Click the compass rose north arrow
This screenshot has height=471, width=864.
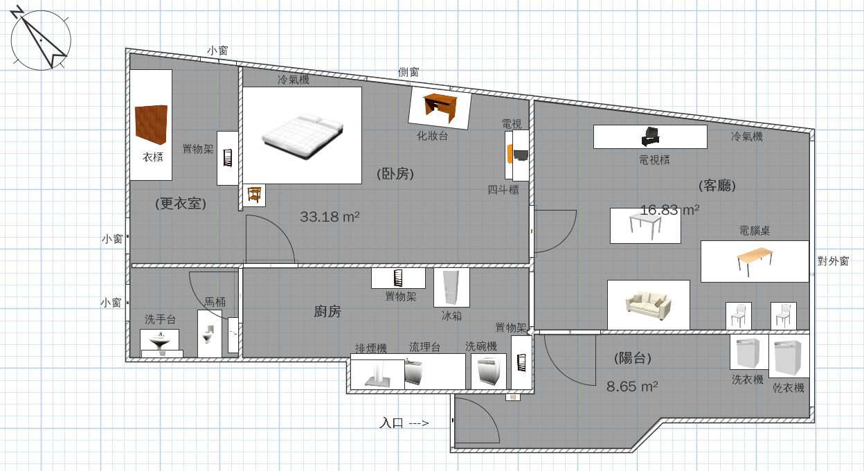(40, 39)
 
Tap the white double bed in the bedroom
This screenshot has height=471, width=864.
(303, 135)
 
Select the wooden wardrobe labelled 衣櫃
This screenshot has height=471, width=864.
(151, 125)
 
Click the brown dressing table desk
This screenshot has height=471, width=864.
(440, 107)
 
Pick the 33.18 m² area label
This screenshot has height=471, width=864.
(330, 217)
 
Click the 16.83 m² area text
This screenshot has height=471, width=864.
(669, 210)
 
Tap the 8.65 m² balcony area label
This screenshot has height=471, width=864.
(632, 386)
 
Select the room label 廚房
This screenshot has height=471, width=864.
(327, 311)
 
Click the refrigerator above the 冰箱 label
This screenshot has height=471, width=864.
(451, 287)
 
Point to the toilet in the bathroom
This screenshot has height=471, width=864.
(208, 334)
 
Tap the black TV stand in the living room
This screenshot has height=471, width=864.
(651, 136)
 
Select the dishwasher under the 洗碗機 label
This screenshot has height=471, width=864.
(489, 371)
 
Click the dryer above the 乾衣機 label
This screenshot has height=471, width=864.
(789, 357)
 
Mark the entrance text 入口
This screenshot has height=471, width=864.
(391, 423)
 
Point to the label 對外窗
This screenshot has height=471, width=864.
(833, 261)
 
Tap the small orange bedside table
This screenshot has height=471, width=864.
(254, 194)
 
